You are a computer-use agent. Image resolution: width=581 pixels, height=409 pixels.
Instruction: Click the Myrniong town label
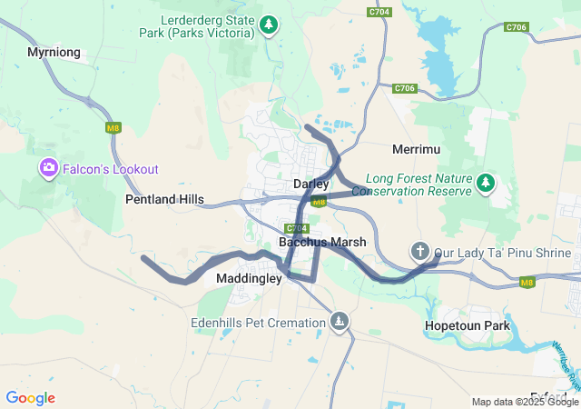(54, 53)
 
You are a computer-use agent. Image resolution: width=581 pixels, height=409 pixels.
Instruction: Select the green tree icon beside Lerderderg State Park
(268, 25)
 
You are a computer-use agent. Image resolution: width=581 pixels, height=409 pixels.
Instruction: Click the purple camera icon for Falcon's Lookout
(48, 168)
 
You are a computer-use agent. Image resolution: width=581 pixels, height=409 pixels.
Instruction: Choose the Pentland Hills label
(164, 199)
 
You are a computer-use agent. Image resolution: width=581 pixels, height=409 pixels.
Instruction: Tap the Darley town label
(310, 185)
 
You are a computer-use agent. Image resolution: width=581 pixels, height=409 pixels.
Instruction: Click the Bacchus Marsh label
(322, 243)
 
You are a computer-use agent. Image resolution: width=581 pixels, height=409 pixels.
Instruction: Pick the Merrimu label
(417, 148)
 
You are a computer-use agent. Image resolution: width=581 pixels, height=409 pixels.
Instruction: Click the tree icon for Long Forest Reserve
(486, 184)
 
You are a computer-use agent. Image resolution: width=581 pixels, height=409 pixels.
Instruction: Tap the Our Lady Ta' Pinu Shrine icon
(419, 250)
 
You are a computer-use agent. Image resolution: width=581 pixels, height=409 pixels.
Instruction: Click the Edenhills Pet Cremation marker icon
(339, 322)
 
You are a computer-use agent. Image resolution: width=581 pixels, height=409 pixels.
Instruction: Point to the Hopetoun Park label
(467, 325)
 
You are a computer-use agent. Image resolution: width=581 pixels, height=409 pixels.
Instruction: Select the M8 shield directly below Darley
(318, 203)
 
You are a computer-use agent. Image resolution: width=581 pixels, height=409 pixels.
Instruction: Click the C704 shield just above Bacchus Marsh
(297, 228)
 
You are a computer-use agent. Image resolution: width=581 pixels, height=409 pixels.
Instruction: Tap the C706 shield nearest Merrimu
(405, 88)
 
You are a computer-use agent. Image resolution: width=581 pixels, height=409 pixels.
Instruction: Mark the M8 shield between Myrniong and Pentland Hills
(113, 128)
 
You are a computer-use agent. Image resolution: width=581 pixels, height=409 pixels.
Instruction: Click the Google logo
(30, 398)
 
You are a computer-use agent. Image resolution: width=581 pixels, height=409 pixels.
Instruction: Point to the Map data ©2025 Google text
(525, 402)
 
